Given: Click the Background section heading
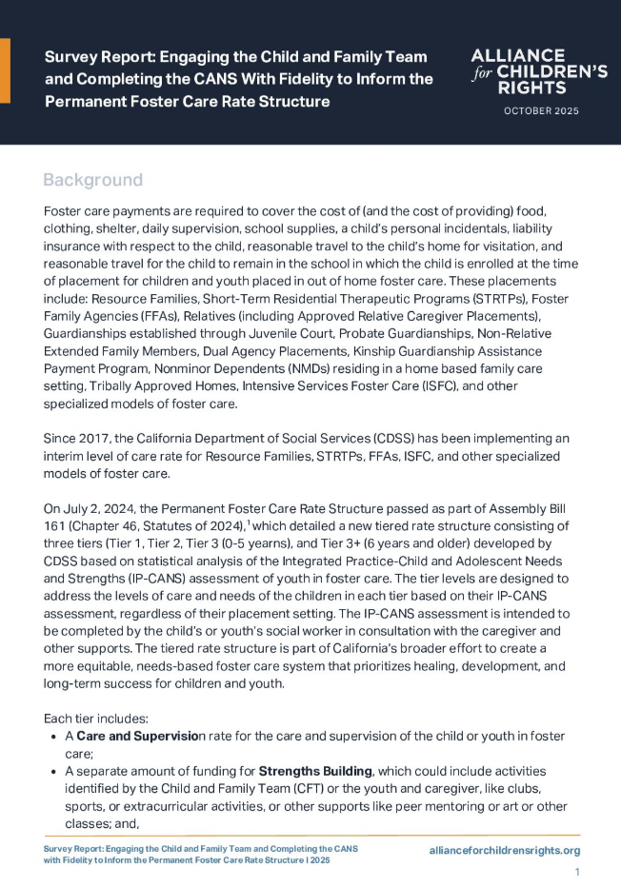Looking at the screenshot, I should click(x=93, y=180).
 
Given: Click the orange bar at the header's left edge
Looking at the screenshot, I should click(x=5, y=70).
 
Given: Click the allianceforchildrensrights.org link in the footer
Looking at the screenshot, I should click(x=505, y=850).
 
